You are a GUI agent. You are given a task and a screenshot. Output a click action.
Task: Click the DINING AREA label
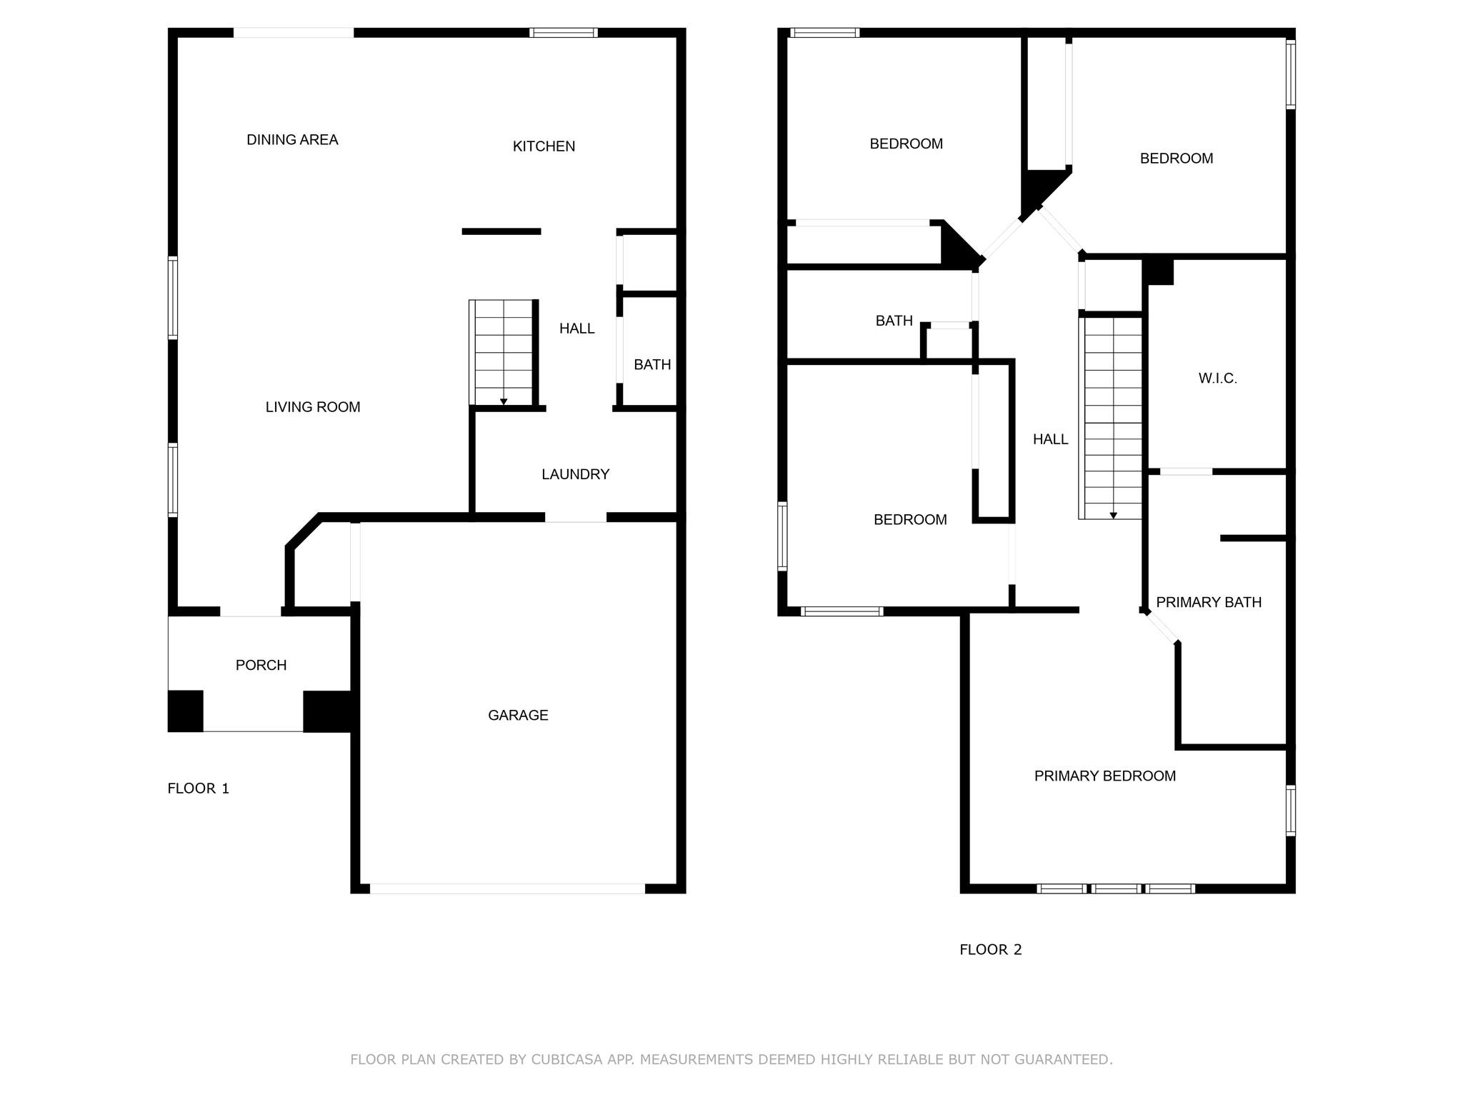[292, 140]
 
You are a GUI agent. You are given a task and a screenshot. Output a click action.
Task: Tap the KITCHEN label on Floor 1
[544, 146]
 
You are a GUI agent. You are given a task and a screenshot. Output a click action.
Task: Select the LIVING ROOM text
[313, 407]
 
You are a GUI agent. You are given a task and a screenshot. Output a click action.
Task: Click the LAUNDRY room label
[575, 474]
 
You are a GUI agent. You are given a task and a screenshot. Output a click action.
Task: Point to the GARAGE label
[518, 715]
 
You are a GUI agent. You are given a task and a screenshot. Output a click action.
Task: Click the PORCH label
[261, 665]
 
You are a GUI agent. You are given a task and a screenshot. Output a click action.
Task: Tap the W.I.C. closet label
[1217, 379]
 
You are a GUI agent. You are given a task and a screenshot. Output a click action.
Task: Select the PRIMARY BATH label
[1209, 602]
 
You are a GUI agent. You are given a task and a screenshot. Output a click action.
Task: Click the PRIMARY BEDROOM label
[1104, 776]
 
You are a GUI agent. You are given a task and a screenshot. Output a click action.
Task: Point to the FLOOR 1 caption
[198, 788]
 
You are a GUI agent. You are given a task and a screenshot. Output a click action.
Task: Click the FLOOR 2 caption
[990, 949]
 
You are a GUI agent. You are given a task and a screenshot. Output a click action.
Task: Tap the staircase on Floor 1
[503, 353]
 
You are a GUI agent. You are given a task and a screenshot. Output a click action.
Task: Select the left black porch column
[186, 711]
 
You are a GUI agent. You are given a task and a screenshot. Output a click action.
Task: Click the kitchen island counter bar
[501, 231]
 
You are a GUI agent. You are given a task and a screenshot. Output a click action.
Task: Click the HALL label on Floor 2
[1050, 439]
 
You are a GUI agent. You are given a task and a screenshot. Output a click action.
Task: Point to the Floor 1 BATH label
[651, 365]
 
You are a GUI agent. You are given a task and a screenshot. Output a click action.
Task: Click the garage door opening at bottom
[507, 888]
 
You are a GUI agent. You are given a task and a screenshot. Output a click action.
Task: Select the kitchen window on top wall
[563, 32]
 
